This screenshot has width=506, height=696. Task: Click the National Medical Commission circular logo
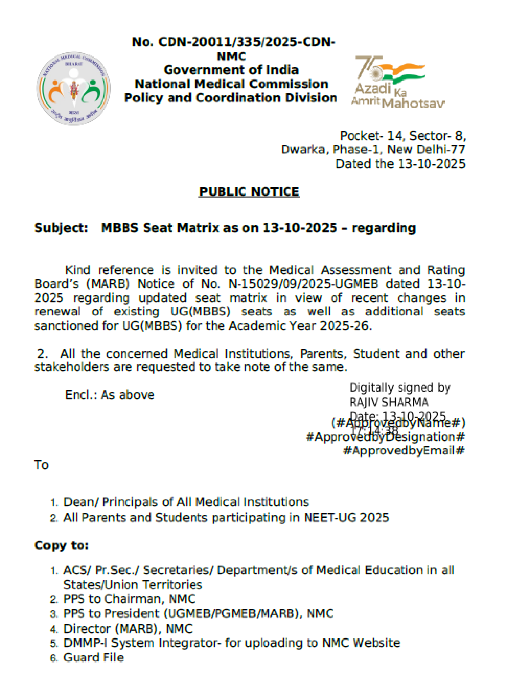point(74,88)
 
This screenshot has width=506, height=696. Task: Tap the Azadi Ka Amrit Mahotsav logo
point(397,82)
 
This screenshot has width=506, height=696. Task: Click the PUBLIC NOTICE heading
point(249,191)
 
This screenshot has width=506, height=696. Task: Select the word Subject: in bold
point(61,228)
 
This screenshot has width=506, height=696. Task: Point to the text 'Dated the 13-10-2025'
point(400,164)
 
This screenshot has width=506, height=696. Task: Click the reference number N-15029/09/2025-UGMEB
point(303,283)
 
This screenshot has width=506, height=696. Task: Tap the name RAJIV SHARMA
point(388,402)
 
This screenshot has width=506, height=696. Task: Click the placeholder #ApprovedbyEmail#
point(404,451)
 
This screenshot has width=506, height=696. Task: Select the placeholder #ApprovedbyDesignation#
point(385,437)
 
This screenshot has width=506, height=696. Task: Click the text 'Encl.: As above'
point(110,395)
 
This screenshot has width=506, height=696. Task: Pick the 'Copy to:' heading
point(62,545)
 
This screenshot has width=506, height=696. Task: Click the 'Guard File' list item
point(93,657)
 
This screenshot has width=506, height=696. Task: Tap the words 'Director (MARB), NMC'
point(128,629)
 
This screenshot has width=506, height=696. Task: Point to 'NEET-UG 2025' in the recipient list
point(346,517)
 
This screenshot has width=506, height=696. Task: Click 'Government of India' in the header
point(231,70)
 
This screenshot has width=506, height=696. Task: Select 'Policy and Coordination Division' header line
point(231,98)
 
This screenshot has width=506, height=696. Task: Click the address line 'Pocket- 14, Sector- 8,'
point(403,136)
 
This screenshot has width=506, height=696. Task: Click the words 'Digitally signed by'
point(399,388)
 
